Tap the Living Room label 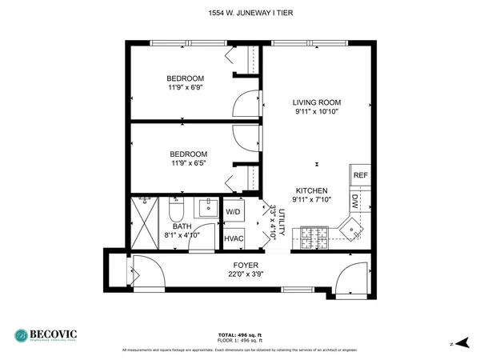pos(317,102)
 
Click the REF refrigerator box pos(361,175)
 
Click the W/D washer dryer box pos(233,212)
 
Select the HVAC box pos(233,238)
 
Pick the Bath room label pos(182,226)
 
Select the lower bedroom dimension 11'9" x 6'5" pos(189,164)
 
